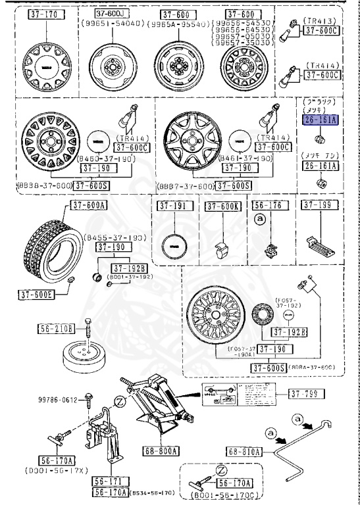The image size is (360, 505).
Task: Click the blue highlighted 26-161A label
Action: pos(319,120)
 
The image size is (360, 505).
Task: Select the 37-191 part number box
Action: pos(172,206)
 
